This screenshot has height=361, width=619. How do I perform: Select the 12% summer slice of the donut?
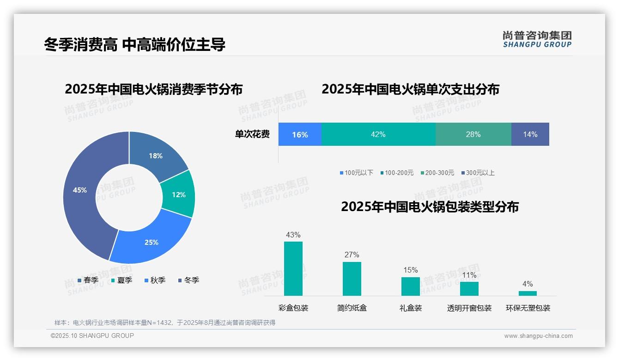tap(178, 194)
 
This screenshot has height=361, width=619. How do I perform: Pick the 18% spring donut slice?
tap(156, 156)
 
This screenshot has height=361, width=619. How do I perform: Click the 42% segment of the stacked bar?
tap(378, 134)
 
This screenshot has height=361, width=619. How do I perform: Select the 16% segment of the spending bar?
tap(300, 134)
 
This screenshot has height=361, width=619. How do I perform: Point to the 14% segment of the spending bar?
tap(530, 134)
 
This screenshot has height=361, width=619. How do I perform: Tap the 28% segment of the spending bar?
tap(473, 134)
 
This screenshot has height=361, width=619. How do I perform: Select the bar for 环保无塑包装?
tap(528, 293)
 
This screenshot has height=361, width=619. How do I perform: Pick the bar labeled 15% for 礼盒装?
tap(410, 286)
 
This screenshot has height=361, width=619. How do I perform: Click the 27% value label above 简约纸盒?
tap(352, 255)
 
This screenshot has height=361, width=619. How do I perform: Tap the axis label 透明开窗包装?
tap(469, 308)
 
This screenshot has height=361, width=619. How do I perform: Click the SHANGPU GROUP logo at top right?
tap(537, 39)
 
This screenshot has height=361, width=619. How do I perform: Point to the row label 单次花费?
tap(252, 134)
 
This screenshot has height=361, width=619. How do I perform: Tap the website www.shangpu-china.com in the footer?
tap(538, 336)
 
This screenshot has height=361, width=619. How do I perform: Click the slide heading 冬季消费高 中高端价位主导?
tap(135, 44)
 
